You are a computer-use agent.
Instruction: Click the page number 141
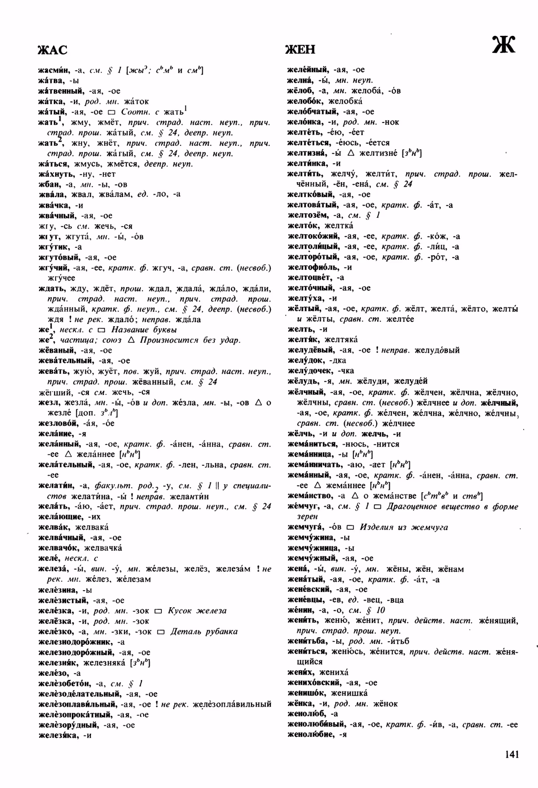[x=511, y=754]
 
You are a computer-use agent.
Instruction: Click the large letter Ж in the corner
[x=504, y=44]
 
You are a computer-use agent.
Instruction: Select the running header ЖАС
[x=52, y=50]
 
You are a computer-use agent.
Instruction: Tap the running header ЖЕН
[x=300, y=49]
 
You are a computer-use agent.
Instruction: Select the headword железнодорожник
[x=76, y=642]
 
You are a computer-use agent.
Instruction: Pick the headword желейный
[x=307, y=70]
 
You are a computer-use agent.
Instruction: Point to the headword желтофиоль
[x=313, y=267]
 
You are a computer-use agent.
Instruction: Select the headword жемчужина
[x=311, y=538]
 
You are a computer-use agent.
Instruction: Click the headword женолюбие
[x=311, y=735]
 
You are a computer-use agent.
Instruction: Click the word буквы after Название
[x=163, y=330]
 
